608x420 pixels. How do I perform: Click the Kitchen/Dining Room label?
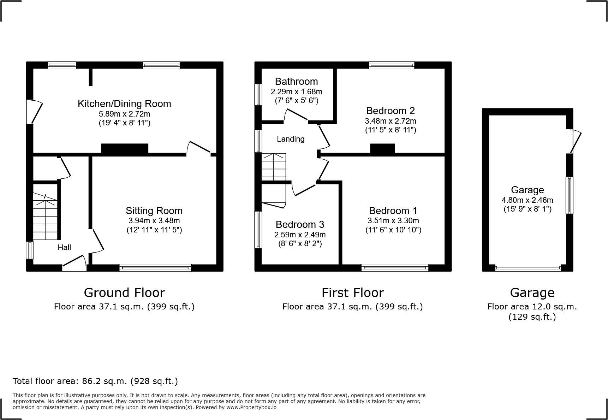[124, 103]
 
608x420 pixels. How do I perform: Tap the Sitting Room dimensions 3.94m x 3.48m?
[154, 221]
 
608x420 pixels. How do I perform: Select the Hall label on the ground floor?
[64, 248]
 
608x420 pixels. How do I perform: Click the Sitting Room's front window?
[155, 268]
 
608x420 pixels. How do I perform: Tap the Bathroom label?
[296, 82]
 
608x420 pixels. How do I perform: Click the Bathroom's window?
[258, 94]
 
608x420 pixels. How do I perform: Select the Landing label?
[290, 139]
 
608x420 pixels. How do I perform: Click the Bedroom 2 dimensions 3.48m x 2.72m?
[390, 121]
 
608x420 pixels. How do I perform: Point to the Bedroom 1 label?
[393, 211]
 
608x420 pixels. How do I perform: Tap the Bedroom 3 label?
[300, 225]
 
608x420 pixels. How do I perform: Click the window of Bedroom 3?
[258, 230]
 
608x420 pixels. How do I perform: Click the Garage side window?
[569, 195]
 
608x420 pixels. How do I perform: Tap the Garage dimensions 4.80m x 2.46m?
[527, 200]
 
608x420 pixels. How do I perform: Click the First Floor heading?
[352, 293]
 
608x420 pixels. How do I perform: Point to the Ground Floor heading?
[124, 293]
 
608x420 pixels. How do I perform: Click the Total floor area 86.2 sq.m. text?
[95, 381]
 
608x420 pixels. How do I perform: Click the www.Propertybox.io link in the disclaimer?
[251, 407]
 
